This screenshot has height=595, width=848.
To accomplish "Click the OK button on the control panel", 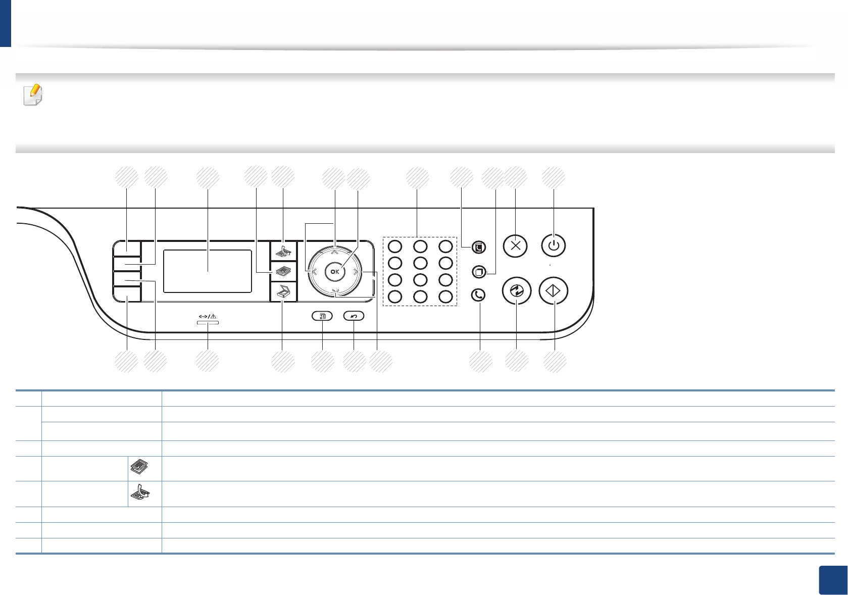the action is (335, 272).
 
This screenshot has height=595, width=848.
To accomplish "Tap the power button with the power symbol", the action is (554, 246).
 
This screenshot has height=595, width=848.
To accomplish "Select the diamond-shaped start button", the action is (554, 291).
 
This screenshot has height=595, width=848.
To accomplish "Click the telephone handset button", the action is (478, 295).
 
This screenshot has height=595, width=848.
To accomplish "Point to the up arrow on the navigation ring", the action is (335, 251).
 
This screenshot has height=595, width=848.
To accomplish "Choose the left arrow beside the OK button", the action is (314, 272).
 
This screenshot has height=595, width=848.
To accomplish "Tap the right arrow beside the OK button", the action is (356, 272).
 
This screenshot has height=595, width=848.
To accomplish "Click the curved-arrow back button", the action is (354, 316).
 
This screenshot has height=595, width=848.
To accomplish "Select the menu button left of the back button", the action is (322, 316).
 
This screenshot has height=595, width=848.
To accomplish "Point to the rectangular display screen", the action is (208, 271).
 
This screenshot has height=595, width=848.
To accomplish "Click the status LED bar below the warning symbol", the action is (208, 322).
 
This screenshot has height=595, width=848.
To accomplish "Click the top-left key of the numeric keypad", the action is (395, 246).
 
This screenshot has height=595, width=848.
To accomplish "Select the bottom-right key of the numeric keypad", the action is (445, 296).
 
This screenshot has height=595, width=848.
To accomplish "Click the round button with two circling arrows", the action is (517, 291).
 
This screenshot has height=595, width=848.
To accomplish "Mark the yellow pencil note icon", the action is (33, 94).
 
